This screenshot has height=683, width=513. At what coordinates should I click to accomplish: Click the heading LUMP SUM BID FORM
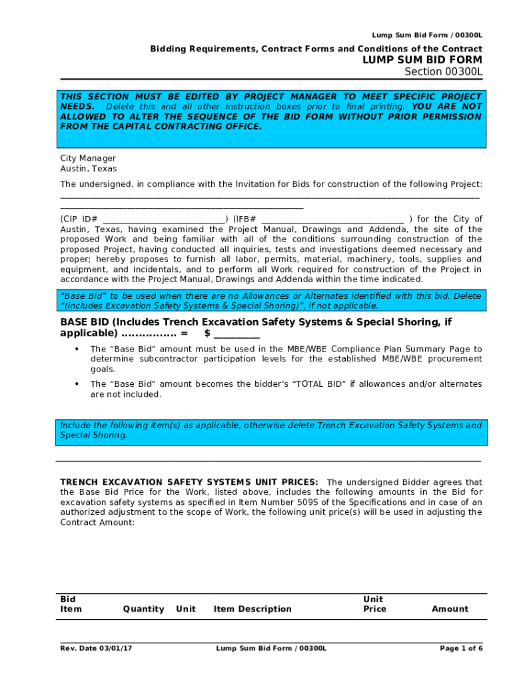click(422, 60)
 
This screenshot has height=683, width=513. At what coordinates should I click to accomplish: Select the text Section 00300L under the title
click(444, 72)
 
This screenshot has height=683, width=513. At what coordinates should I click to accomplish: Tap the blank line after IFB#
click(332, 219)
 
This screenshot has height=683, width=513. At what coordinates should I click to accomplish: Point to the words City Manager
click(88, 158)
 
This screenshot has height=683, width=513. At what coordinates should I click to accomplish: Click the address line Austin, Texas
click(88, 169)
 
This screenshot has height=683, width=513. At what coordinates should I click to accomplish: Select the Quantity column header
click(143, 609)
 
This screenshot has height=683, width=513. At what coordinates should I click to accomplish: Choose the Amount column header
click(450, 609)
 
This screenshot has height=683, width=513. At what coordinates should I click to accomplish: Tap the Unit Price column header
click(374, 604)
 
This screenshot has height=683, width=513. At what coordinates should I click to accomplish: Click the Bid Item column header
click(71, 604)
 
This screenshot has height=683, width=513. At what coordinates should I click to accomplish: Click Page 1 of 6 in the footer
click(461, 648)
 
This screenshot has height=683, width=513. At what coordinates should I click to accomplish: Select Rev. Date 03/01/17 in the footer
click(96, 648)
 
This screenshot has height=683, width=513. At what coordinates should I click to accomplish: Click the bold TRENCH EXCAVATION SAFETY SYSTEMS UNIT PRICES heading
click(189, 482)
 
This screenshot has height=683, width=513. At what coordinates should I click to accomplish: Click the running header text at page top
click(427, 35)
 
